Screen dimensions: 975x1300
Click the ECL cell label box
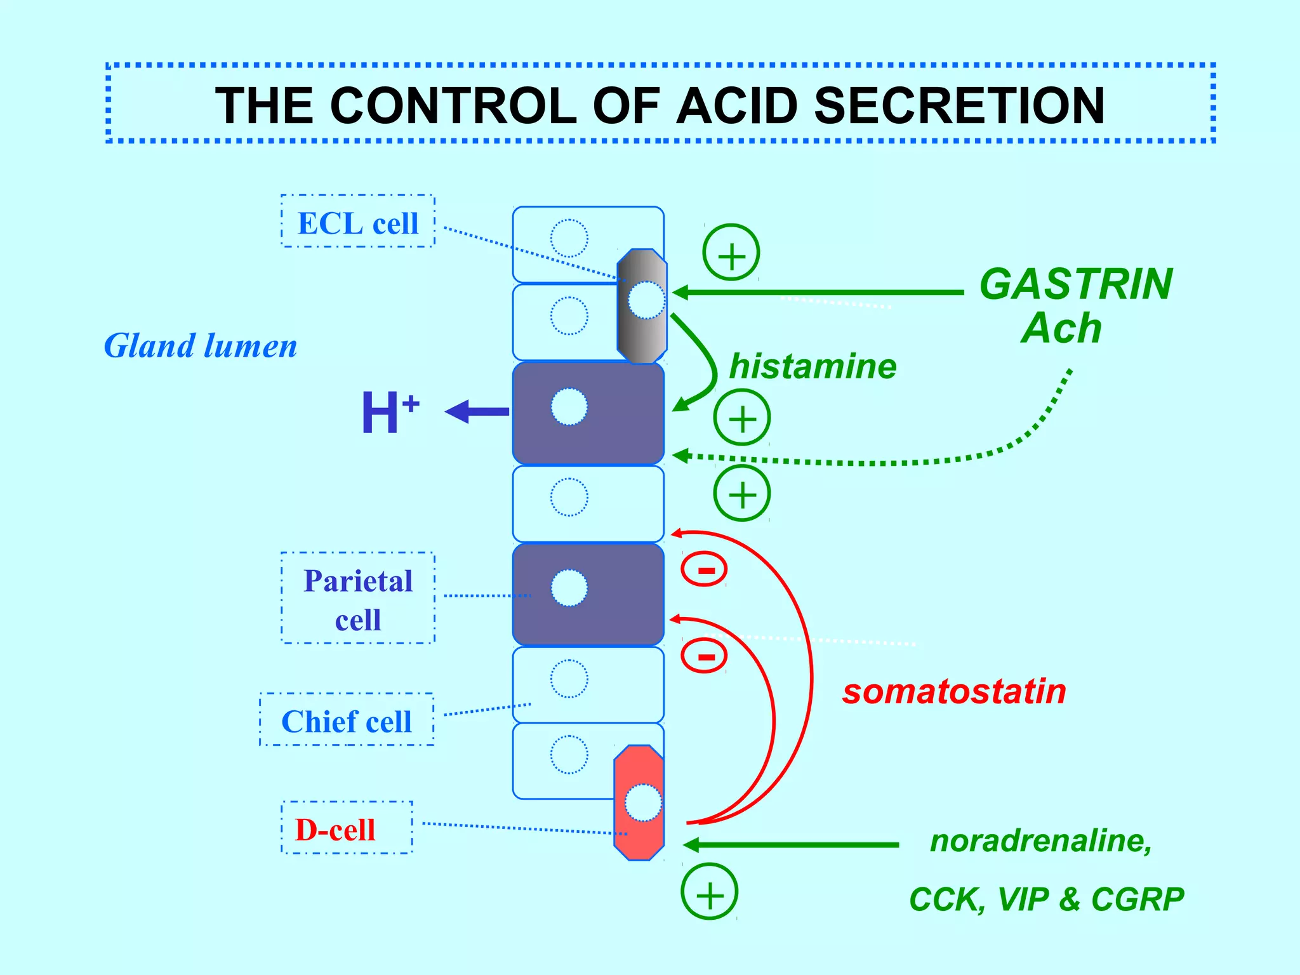[x=358, y=222]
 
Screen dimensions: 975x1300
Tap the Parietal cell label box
[x=358, y=599]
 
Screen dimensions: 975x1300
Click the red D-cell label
[x=335, y=829]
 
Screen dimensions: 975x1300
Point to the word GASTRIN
[x=1076, y=284]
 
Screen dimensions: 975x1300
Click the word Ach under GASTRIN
[x=1061, y=329]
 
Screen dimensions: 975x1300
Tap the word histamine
[x=812, y=366]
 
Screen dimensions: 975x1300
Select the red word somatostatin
[x=954, y=691]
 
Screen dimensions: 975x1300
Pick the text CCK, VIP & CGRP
[x=1046, y=899]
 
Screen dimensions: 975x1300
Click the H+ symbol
[x=389, y=413]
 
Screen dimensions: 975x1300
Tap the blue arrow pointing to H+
[x=477, y=411]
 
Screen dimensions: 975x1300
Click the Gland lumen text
[x=201, y=346]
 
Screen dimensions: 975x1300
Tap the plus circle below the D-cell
[x=710, y=892]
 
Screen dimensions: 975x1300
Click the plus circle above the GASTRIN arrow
[x=731, y=252]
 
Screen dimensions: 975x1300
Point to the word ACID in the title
[x=736, y=105]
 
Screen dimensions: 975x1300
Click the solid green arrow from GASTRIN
[x=819, y=293]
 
